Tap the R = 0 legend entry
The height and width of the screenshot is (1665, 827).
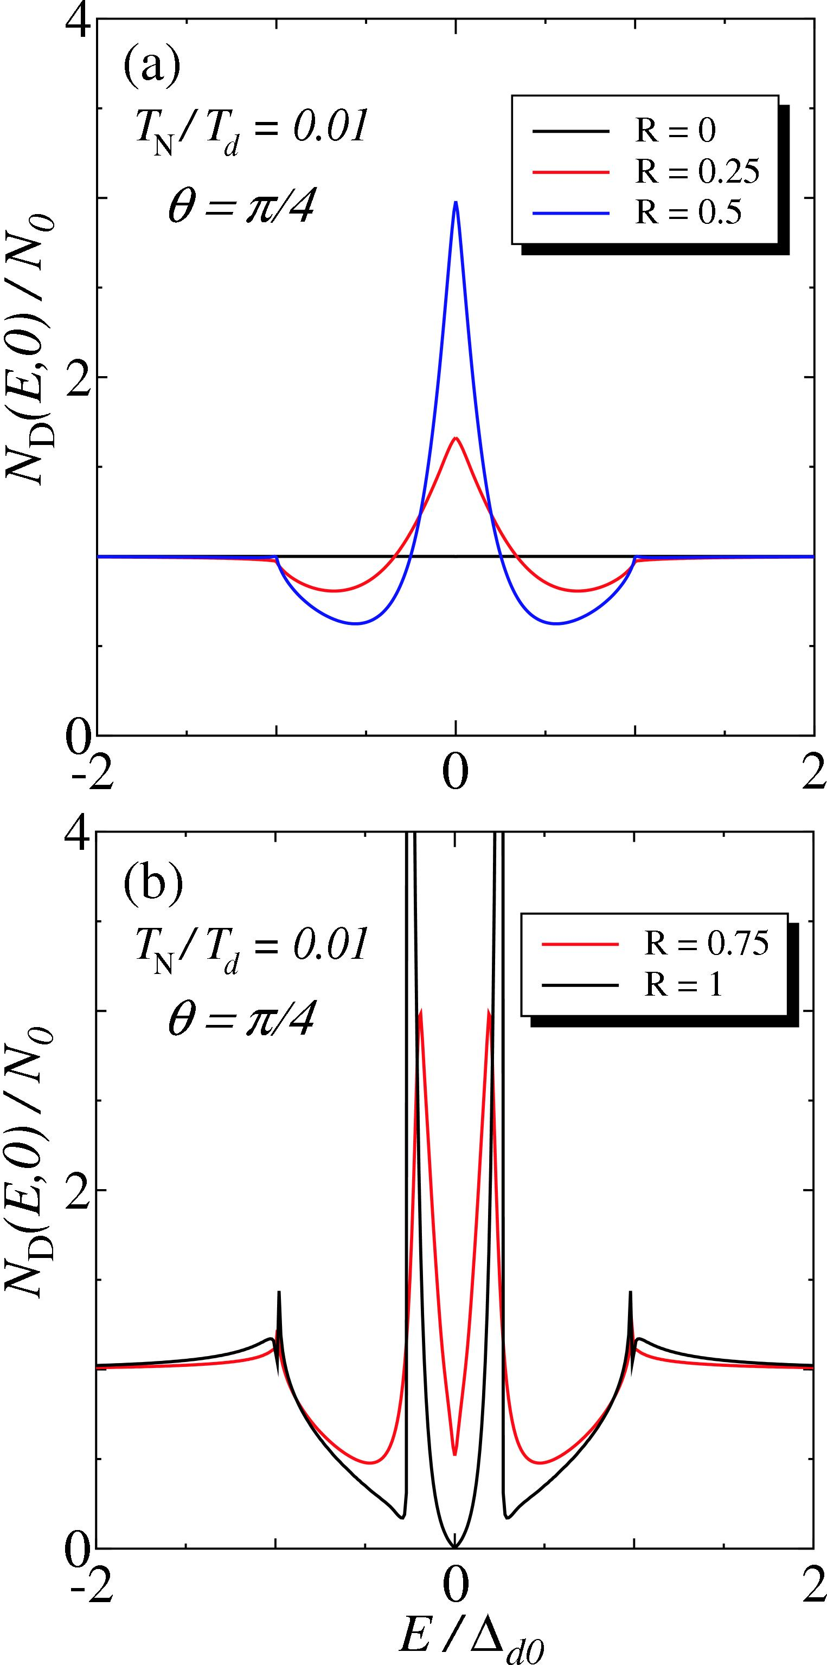[675, 131]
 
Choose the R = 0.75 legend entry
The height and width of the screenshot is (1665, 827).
[706, 944]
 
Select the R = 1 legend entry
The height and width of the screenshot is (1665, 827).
[683, 985]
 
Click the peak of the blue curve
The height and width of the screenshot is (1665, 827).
[456, 202]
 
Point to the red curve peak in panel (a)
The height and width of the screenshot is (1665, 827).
[456, 438]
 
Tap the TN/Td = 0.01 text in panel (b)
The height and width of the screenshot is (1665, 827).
[252, 947]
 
